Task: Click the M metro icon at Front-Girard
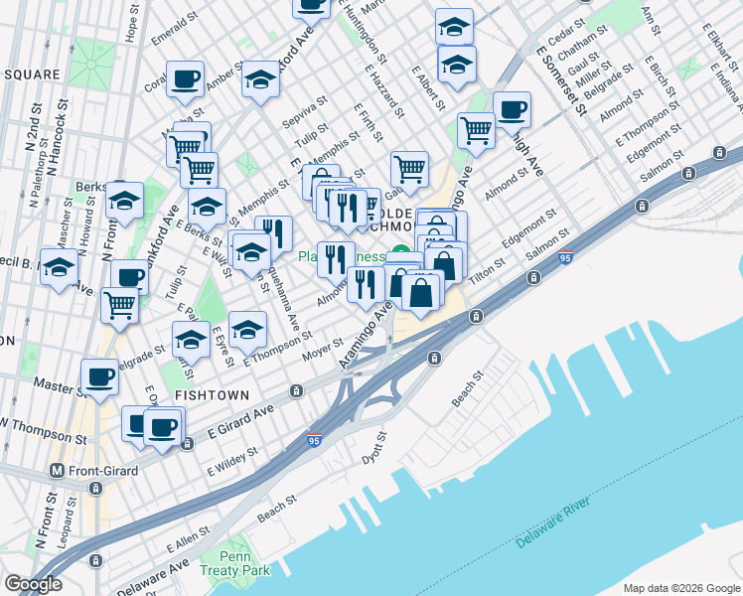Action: (x=58, y=470)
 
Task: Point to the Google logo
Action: (x=33, y=584)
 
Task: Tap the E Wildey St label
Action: (x=232, y=459)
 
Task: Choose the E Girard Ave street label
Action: (x=240, y=420)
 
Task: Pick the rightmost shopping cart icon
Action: (x=477, y=129)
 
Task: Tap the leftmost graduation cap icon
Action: (x=59, y=267)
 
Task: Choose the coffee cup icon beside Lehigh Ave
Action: (x=512, y=108)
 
